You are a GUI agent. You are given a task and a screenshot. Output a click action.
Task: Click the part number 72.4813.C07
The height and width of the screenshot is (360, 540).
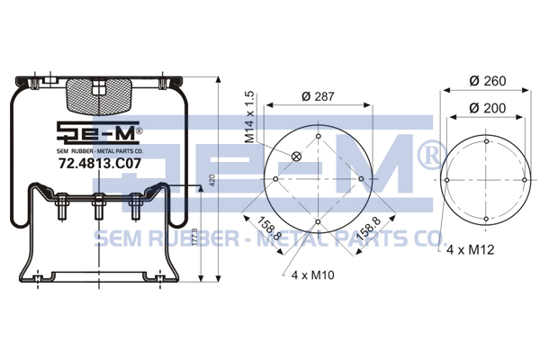point(100,163)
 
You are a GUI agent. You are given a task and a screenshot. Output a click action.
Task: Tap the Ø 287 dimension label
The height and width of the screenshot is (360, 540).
point(318,96)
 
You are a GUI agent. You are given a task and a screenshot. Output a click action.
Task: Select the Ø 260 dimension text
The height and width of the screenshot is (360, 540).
point(488,81)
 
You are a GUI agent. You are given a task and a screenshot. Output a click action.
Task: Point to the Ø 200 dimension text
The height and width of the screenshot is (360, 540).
point(487,108)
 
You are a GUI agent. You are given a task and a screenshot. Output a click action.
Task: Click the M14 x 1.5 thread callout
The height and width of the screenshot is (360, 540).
point(249,117)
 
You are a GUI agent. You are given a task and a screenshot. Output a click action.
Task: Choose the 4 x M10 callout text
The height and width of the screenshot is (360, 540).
point(312,274)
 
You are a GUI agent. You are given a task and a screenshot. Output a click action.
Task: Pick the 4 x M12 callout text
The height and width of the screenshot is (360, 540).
point(470,249)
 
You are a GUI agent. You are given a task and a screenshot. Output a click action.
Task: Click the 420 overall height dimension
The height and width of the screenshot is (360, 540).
point(212,181)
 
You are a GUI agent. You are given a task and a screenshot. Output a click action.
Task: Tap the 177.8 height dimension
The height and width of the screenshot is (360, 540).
point(194,237)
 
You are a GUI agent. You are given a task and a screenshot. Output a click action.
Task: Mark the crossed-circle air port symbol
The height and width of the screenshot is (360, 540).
point(296,157)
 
